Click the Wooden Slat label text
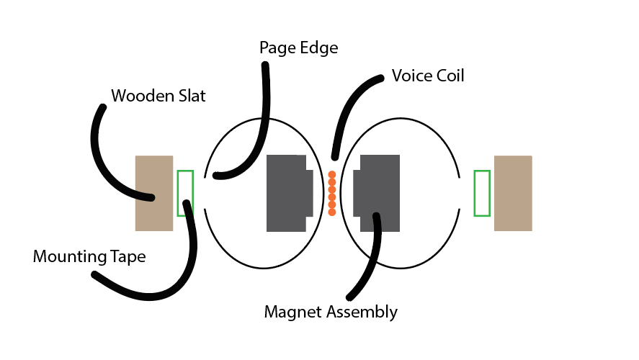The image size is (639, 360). point(158,95)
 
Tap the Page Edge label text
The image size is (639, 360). point(298,48)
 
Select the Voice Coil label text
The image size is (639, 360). point(428,76)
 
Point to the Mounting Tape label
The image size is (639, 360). point(89,256)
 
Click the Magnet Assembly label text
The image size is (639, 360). point(331,312)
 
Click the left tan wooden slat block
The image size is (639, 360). point(154,193)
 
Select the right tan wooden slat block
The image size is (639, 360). point(513,193)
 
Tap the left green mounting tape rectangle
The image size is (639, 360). point(185,193)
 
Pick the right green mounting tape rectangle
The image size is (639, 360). point(482,193)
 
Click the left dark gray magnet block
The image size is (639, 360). point(288,193)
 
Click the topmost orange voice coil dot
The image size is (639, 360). point(331,174)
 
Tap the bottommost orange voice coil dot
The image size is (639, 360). point(331,212)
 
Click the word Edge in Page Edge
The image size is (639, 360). point(320,49)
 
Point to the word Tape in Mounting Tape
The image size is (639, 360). point(128,256)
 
